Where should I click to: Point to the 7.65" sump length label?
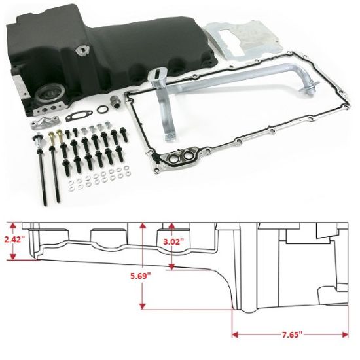pyautogui.click(x=289, y=334)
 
